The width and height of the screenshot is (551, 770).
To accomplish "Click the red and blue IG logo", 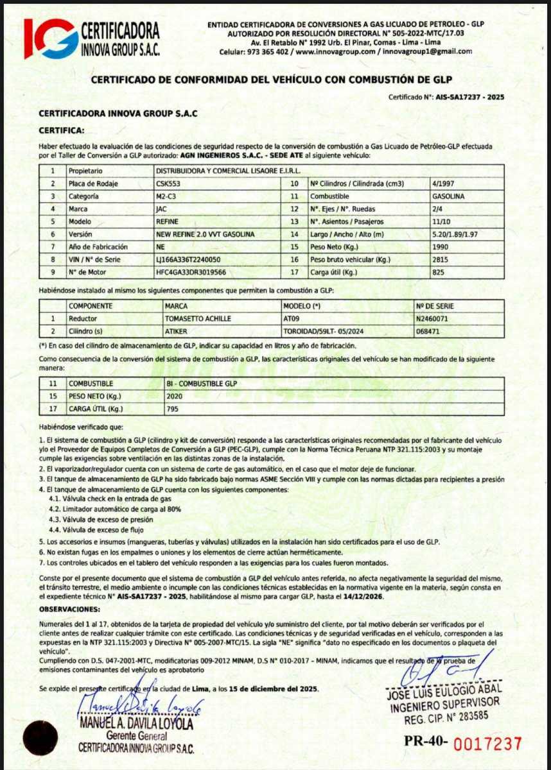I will tap(51, 38).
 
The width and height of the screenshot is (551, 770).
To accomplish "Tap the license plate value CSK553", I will tap(168, 184).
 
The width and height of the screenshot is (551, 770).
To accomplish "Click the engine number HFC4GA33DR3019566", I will tap(191, 272).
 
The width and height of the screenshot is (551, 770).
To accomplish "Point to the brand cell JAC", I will tap(162, 209).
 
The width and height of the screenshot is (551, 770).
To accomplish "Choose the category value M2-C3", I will tap(166, 196).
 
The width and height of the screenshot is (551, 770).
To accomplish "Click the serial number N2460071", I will tap(433, 318).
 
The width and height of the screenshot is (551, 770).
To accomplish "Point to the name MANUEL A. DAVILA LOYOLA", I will tap(136, 724).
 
